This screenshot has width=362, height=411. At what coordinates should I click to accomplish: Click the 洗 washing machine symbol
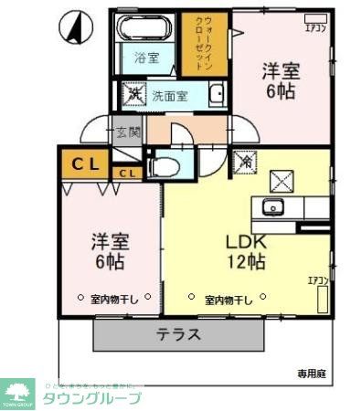[x=133, y=93]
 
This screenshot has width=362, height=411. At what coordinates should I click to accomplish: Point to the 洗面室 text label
[x=170, y=94]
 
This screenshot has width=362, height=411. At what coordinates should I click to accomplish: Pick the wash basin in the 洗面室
[x=216, y=94]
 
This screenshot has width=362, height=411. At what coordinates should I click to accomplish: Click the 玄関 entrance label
[x=127, y=132]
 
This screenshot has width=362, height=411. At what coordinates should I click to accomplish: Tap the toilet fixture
[x=164, y=167]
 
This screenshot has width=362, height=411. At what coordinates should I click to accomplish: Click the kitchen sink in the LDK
[x=272, y=205]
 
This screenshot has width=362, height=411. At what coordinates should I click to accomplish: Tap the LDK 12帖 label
[x=245, y=252]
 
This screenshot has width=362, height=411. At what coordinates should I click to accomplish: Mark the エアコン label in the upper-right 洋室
[x=315, y=27]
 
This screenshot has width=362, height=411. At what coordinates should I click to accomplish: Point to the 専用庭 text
[x=313, y=373]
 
